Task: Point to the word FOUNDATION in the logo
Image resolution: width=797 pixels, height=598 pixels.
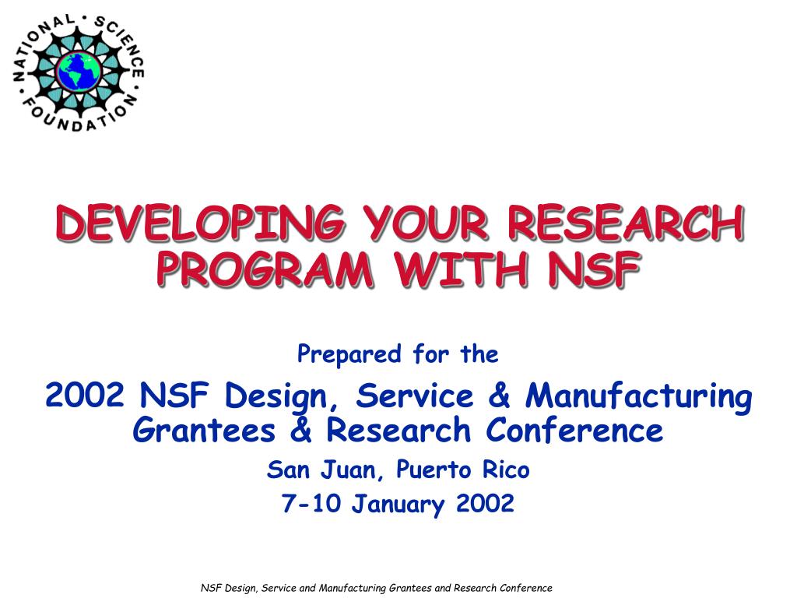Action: tap(77, 114)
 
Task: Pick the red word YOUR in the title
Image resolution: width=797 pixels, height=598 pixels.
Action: tap(426, 223)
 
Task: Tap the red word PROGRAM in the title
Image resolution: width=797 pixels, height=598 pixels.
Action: tap(265, 269)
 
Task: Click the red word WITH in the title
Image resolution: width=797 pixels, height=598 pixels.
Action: tap(461, 269)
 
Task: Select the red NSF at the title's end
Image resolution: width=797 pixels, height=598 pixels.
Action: tap(594, 269)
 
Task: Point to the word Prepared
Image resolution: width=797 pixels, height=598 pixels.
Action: tap(349, 354)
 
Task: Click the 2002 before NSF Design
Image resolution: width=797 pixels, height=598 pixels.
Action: tap(84, 395)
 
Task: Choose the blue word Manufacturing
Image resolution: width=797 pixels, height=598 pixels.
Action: tap(638, 396)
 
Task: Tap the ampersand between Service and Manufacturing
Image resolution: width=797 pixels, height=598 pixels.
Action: tap(499, 395)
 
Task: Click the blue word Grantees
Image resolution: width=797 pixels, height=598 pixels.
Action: tap(204, 430)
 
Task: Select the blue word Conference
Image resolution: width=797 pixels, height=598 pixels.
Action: tap(574, 430)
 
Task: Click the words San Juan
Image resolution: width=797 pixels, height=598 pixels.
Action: tap(325, 470)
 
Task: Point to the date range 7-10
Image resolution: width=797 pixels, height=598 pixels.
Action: tap(311, 503)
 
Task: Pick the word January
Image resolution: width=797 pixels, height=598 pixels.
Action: tap(398, 505)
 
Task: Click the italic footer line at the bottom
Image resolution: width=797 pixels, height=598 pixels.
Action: tap(377, 588)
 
